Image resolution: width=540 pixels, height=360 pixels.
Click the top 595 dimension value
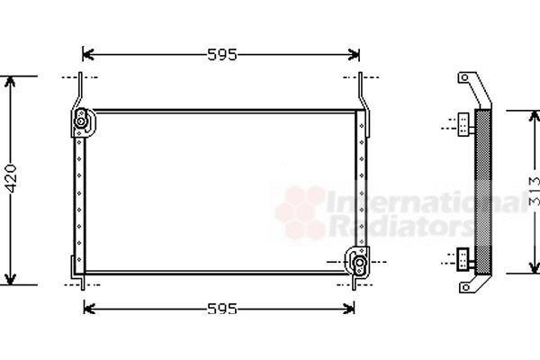pyautogui.click(x=222, y=54)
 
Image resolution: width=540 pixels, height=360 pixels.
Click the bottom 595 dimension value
pyautogui.click(x=222, y=309)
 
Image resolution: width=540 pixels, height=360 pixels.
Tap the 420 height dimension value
pyautogui.click(x=12, y=178)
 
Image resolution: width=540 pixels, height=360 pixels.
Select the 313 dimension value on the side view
pyautogui.click(x=535, y=191)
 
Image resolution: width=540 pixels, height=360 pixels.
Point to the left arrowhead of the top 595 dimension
pyautogui.click(x=88, y=54)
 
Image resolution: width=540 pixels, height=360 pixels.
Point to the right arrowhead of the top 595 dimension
pyautogui.click(x=354, y=54)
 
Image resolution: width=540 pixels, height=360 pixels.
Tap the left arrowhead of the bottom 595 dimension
pyautogui.click(x=89, y=309)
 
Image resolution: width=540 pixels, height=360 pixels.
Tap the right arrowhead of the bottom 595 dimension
pyautogui.click(x=349, y=309)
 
